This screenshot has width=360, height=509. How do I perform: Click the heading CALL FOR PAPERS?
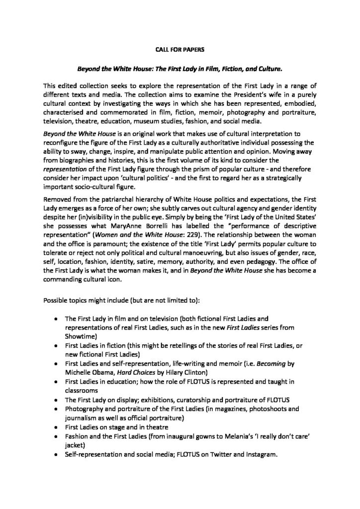(180, 50)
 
